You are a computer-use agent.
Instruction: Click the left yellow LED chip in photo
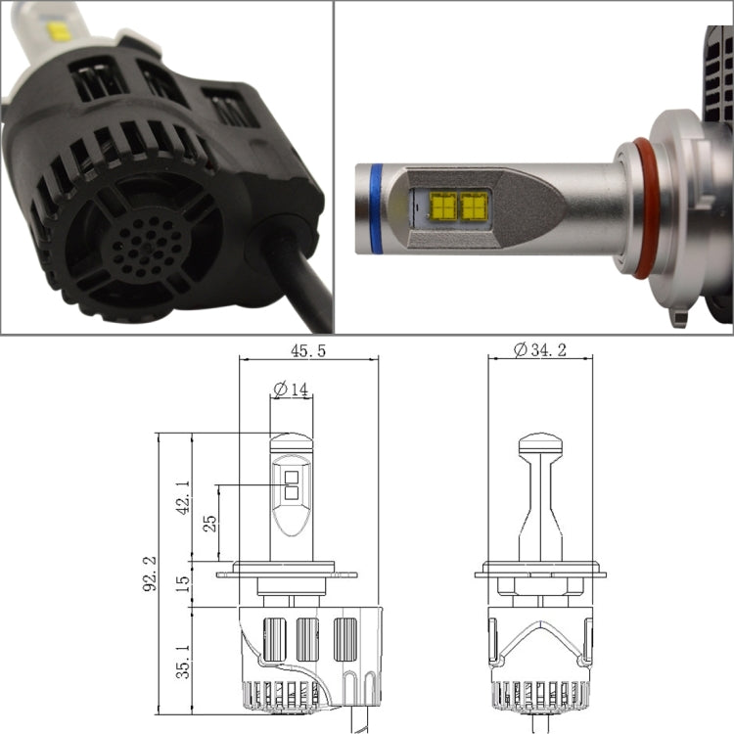[x=442, y=205]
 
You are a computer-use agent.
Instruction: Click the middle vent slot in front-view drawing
[x=308, y=642]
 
